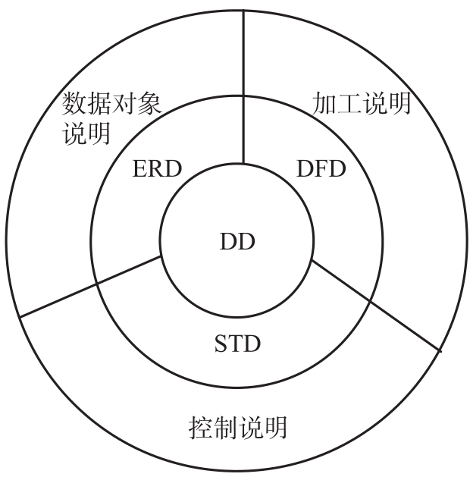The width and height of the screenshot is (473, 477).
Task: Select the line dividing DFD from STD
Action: pyautogui.click(x=375, y=303)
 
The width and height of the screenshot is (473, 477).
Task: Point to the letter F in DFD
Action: pyautogui.click(x=318, y=168)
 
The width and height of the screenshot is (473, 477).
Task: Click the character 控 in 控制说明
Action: pyautogui.click(x=199, y=428)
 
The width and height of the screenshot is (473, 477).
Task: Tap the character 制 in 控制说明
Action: pyautogui.click(x=224, y=428)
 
